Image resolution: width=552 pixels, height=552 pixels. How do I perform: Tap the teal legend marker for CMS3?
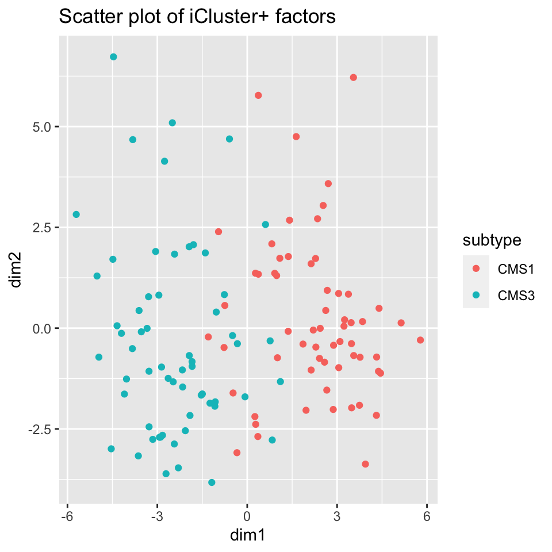(476, 296)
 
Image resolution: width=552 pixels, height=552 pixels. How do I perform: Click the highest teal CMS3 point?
(113, 57)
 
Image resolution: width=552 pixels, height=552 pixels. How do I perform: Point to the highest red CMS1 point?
(354, 78)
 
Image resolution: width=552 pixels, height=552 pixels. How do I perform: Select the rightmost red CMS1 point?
(420, 340)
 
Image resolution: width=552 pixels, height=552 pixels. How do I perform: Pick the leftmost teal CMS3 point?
(76, 214)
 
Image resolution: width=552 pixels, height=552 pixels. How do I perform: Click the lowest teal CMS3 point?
(212, 482)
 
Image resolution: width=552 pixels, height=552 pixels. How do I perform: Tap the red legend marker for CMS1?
(476, 269)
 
